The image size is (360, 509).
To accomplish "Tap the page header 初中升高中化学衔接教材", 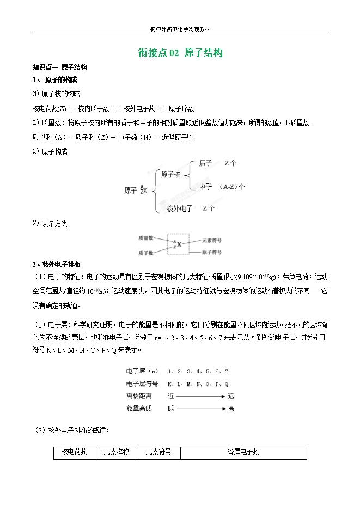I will click(180, 29).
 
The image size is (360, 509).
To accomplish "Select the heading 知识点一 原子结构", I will click(60, 68).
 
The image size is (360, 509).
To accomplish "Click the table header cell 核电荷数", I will click(75, 452).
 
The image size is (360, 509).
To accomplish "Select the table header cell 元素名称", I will click(117, 452).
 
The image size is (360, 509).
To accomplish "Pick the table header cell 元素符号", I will click(158, 452).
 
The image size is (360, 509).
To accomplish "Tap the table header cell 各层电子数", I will click(243, 452).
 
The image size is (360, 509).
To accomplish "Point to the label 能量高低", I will click(139, 408).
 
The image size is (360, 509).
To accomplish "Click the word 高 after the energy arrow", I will click(231, 408).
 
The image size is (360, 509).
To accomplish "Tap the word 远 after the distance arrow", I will click(231, 396).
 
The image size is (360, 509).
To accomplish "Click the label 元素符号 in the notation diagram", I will click(211, 240).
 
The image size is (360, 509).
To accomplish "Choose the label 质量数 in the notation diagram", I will click(145, 238).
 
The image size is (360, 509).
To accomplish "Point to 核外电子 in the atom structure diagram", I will click(180, 208).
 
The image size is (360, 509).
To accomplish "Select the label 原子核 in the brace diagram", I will click(170, 174).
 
